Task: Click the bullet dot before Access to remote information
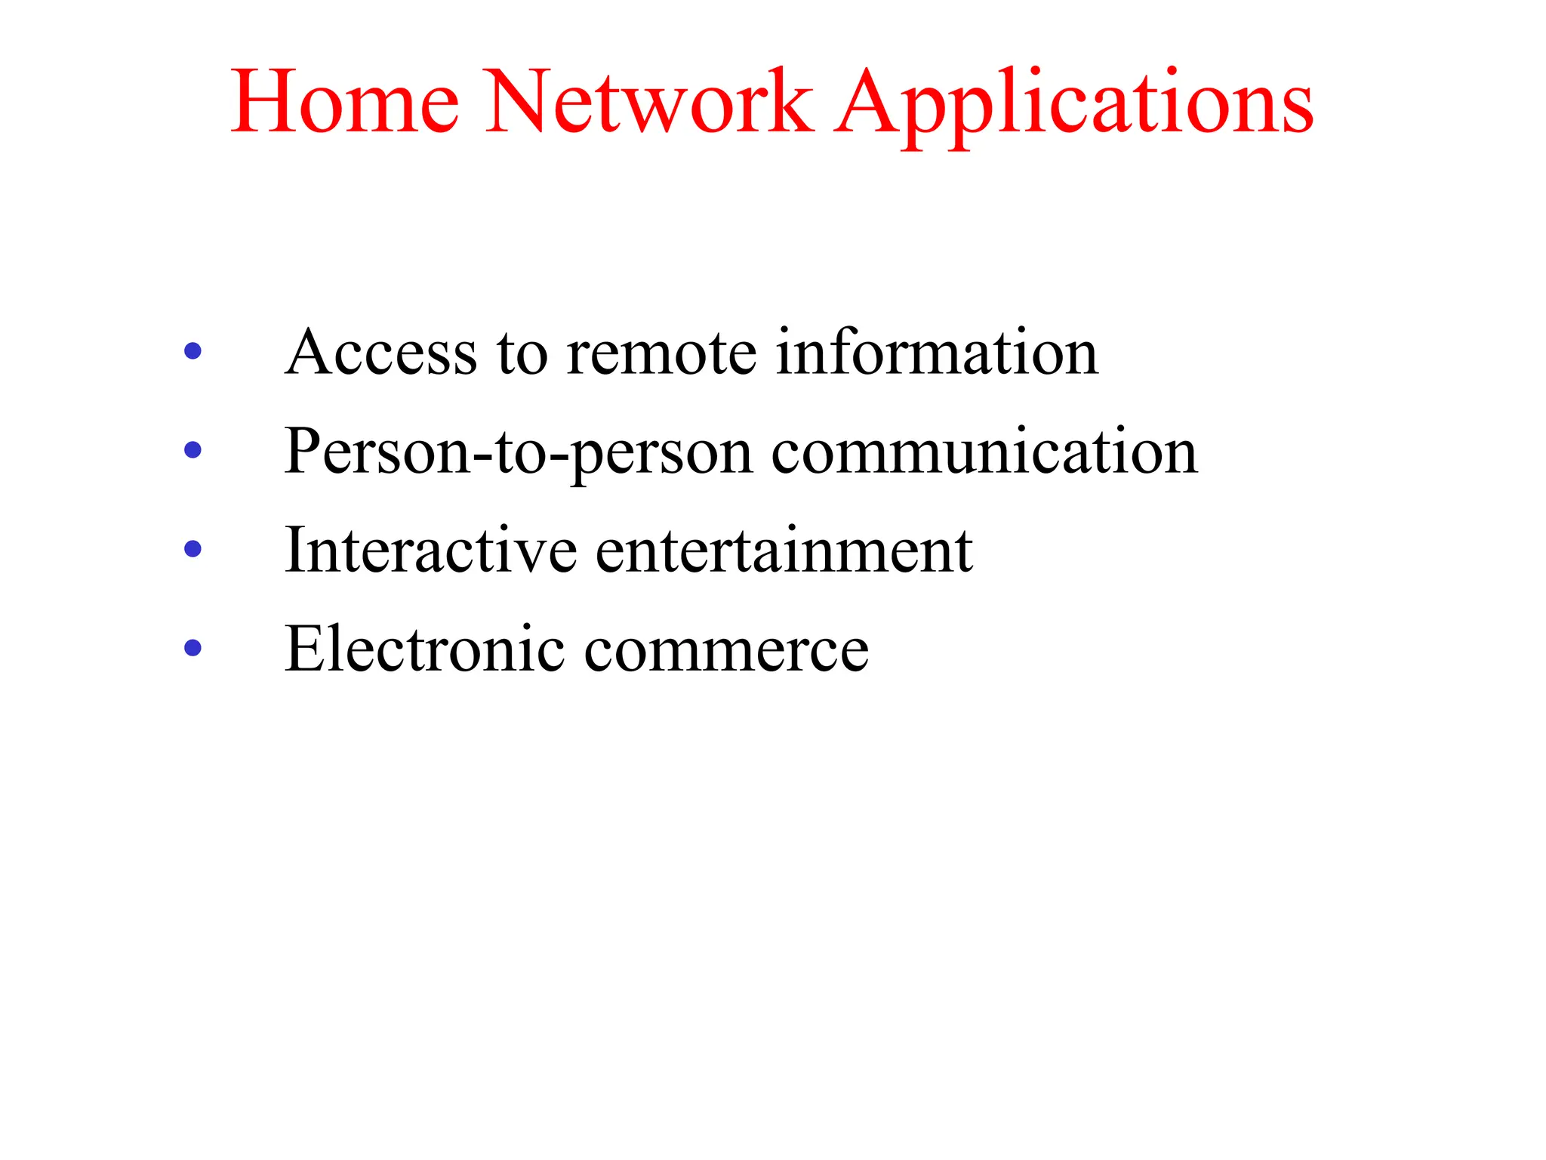[193, 351]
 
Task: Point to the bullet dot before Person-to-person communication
[193, 450]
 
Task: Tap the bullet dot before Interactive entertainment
[193, 549]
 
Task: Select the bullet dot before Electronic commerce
[193, 648]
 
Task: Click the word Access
[381, 352]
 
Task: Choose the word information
[937, 352]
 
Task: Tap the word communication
[984, 452]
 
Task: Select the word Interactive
[431, 551]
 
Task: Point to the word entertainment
[784, 551]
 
